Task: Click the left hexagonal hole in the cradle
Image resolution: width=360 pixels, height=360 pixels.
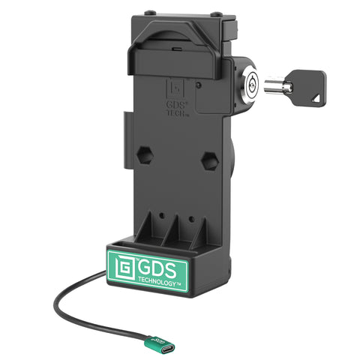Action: click(x=145, y=157)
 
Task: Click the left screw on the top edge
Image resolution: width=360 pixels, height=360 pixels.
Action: click(x=151, y=13)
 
